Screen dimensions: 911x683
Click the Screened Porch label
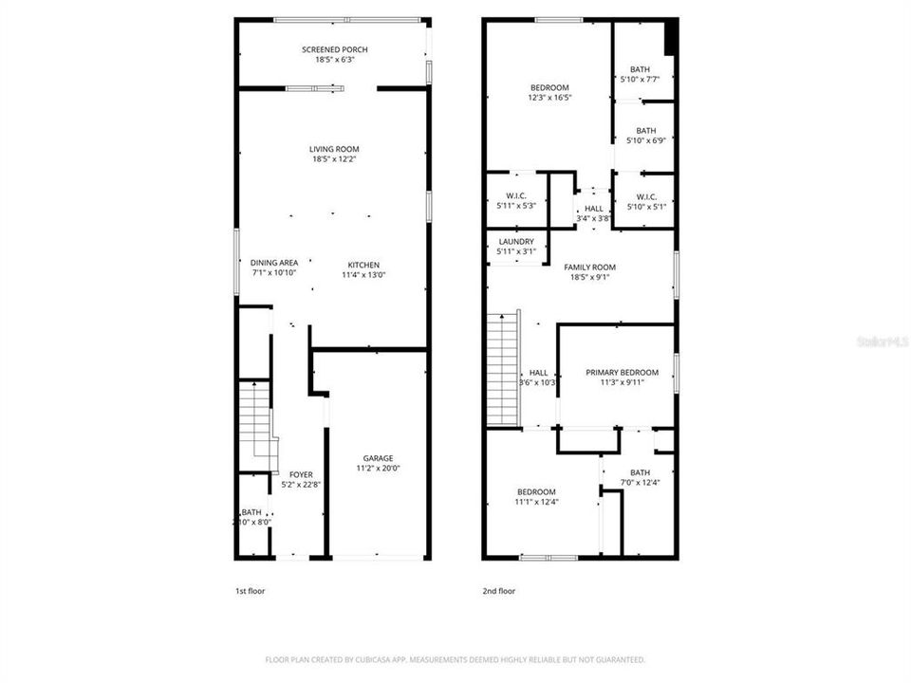(x=335, y=49)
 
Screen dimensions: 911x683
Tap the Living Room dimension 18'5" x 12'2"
(x=335, y=159)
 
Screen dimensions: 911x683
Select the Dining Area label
(x=274, y=263)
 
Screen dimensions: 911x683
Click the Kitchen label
(x=363, y=265)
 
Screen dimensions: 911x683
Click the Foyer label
(x=301, y=474)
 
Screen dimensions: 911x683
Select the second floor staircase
(x=504, y=370)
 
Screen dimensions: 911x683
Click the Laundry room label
(x=516, y=242)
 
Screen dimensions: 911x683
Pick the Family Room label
(x=590, y=268)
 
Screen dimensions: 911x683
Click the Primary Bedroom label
(x=622, y=373)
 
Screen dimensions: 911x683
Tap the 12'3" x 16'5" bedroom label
(x=549, y=88)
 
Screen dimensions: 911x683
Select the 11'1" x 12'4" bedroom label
(x=536, y=491)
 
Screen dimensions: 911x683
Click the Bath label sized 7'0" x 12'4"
(x=640, y=472)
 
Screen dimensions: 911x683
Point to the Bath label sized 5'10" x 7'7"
(x=641, y=69)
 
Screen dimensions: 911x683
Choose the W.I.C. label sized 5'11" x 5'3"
(x=516, y=195)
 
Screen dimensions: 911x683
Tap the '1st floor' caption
(x=251, y=591)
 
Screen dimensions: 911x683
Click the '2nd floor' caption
(x=498, y=591)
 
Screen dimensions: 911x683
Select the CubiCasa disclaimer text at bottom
(x=455, y=659)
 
